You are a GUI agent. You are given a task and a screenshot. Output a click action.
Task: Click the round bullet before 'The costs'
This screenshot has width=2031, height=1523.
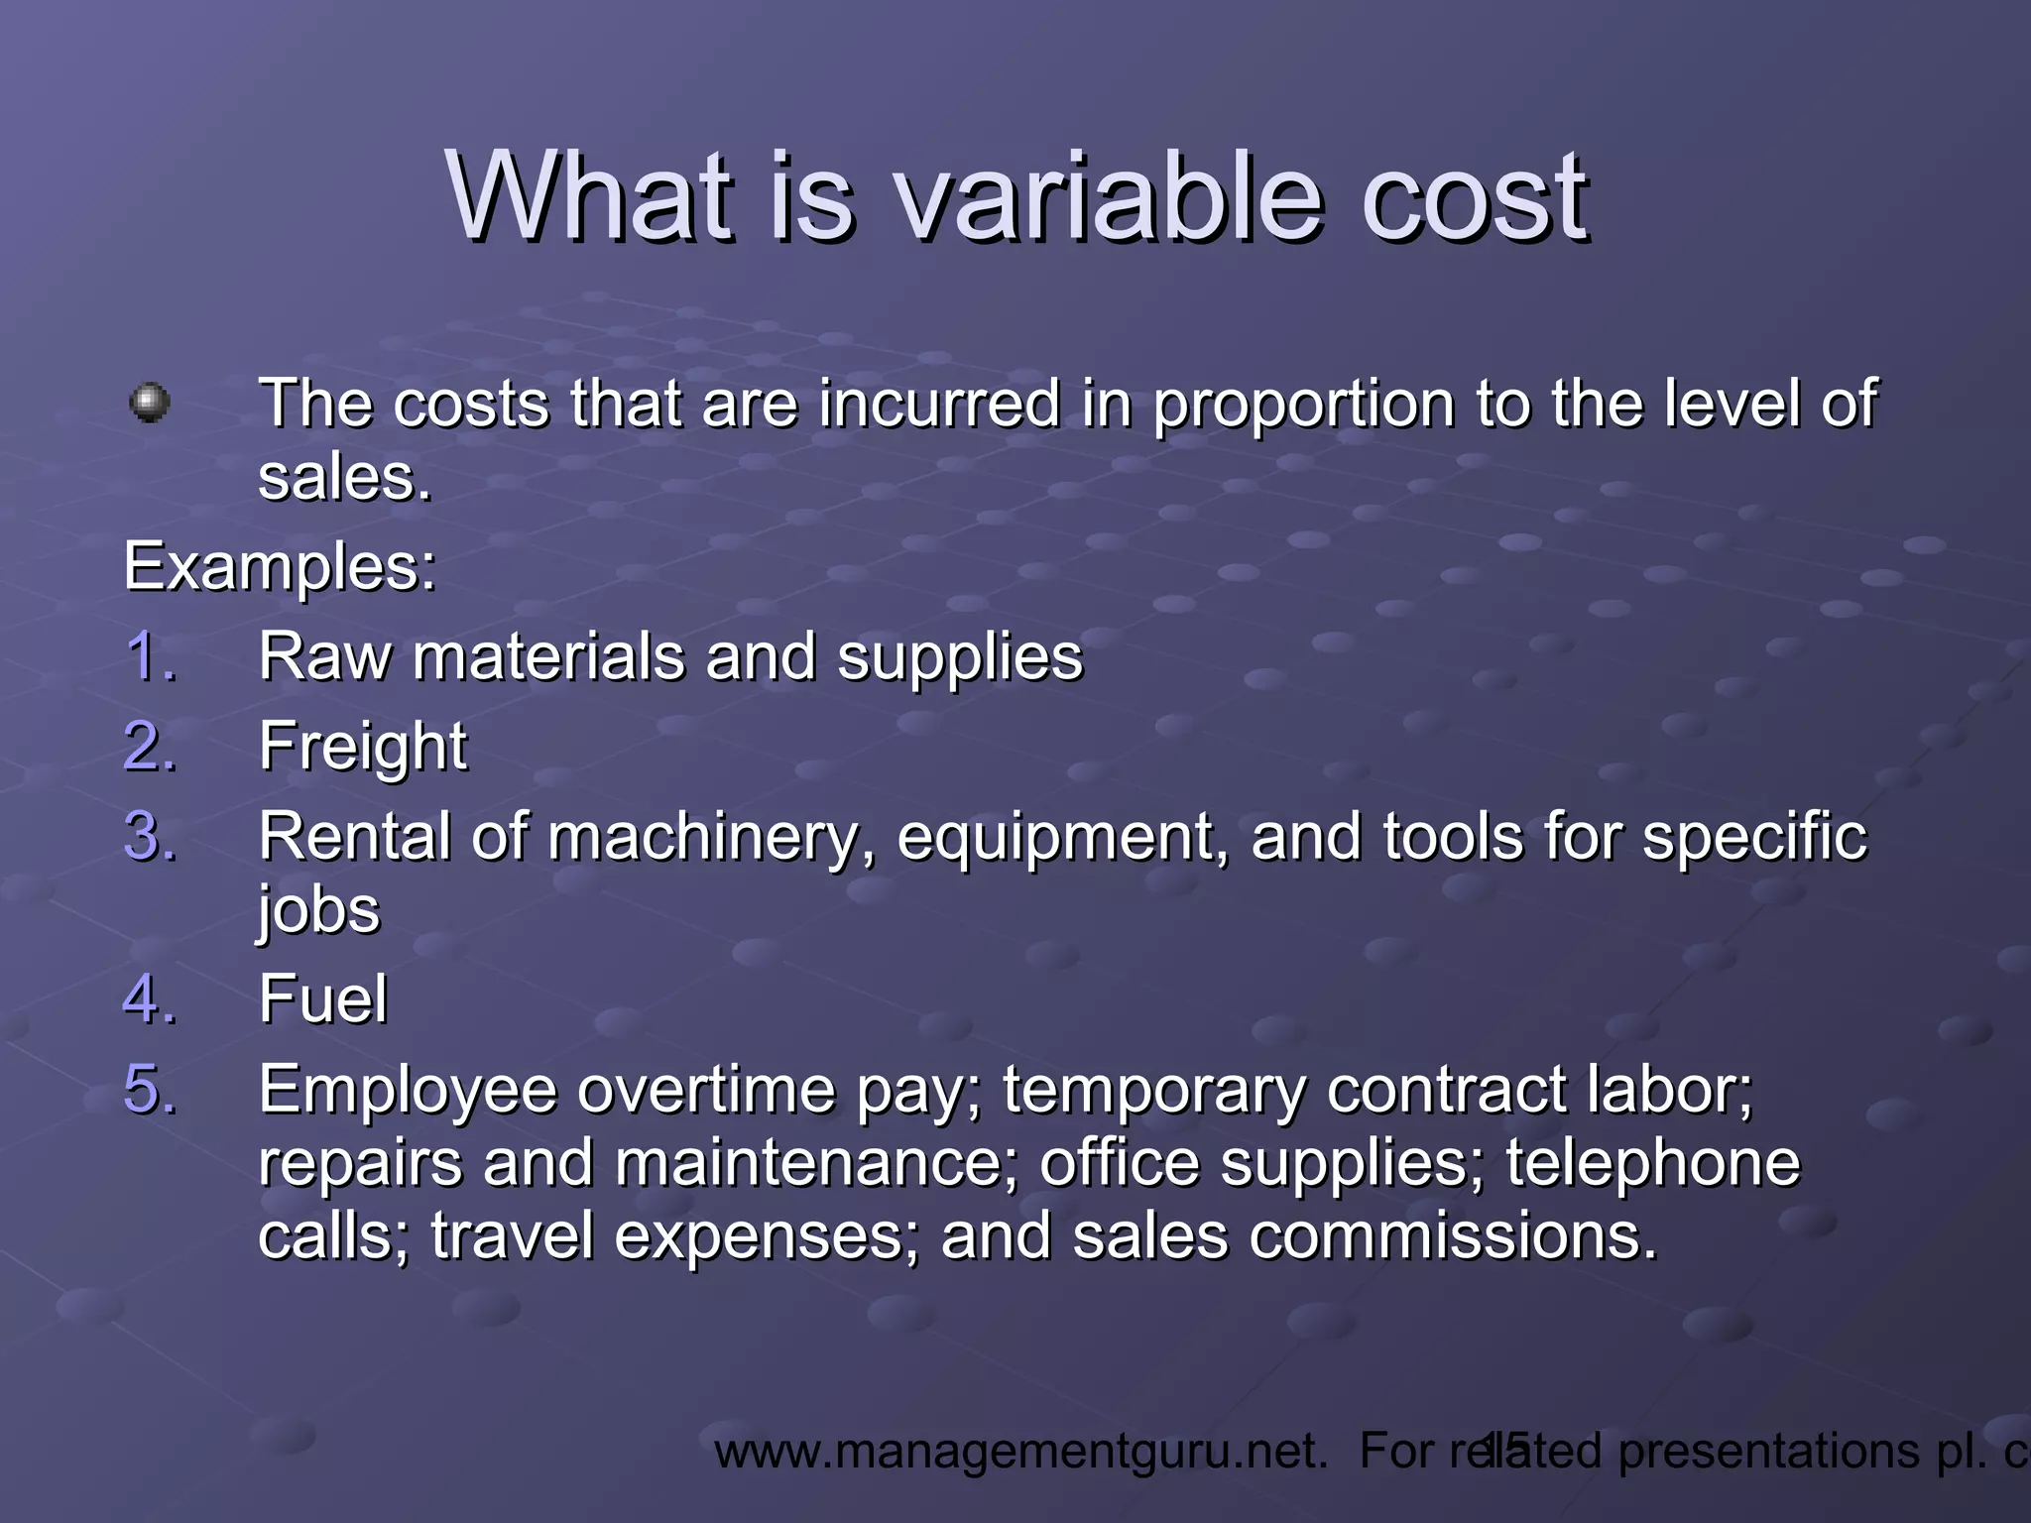150,403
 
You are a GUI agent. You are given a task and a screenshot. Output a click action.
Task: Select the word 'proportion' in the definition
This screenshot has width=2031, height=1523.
1303,405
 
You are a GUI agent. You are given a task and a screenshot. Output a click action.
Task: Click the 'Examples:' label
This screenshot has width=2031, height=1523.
280,567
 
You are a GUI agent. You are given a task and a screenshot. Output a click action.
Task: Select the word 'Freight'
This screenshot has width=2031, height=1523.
362,747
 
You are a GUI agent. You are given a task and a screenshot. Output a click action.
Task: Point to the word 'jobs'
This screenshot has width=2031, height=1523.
318,910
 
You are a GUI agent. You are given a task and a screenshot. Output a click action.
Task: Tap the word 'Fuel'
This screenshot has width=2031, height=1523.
322,998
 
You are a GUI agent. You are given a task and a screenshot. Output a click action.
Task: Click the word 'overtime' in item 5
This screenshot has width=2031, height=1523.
706,1090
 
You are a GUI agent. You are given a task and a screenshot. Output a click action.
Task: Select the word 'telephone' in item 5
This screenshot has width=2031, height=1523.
1652,1163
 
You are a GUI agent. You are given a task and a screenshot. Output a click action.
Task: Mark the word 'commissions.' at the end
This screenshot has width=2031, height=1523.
1453,1236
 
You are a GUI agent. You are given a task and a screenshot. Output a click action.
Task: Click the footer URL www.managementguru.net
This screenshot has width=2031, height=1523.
1020,1452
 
